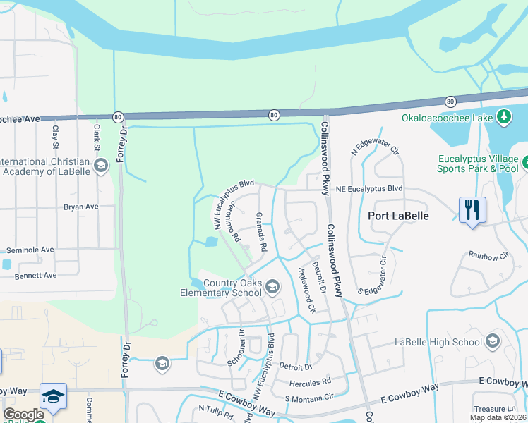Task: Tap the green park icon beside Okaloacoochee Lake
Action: coord(504,116)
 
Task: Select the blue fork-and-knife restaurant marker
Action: coord(472,210)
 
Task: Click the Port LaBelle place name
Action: coord(397,216)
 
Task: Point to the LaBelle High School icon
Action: coord(493,343)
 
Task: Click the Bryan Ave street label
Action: coord(80,207)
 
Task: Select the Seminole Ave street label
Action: coord(30,250)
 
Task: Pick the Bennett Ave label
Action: coord(32,275)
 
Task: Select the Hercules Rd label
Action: coord(310,383)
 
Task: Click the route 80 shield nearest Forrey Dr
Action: coord(117,116)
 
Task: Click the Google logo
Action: coord(23,415)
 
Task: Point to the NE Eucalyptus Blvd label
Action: coord(368,189)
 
